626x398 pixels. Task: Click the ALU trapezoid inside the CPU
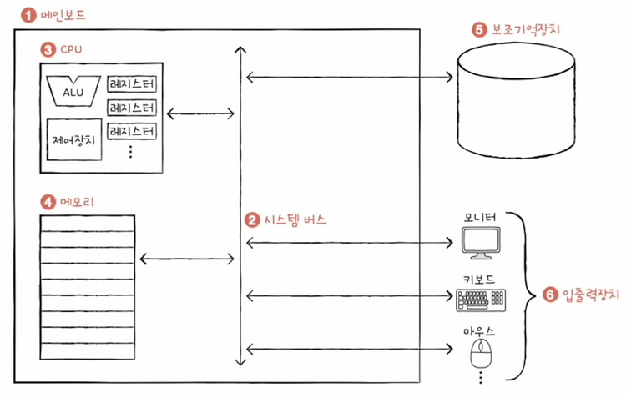tap(73, 91)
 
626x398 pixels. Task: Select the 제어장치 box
tap(74, 139)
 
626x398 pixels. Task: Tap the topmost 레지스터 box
tap(132, 83)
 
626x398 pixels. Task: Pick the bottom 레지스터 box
tap(132, 131)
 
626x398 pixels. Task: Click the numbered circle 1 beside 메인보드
tap(28, 16)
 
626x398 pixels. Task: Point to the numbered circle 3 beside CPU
tap(48, 49)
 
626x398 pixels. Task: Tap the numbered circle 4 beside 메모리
tap(48, 202)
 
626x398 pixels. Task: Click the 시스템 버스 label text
tap(295, 220)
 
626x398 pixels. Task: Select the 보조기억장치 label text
tap(525, 29)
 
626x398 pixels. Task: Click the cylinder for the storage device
tap(516, 101)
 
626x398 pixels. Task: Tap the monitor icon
tap(481, 243)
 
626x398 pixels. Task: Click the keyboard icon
tap(481, 300)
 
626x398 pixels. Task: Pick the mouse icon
tap(481, 353)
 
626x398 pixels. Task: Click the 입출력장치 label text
tap(591, 295)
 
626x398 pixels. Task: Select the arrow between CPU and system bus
tap(200, 113)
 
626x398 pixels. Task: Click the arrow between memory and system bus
tap(187, 259)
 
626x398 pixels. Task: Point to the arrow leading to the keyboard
tap(350, 296)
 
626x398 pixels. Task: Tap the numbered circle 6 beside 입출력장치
tap(550, 295)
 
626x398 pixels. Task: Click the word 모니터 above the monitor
tap(480, 218)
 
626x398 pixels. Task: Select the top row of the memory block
tap(88, 224)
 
